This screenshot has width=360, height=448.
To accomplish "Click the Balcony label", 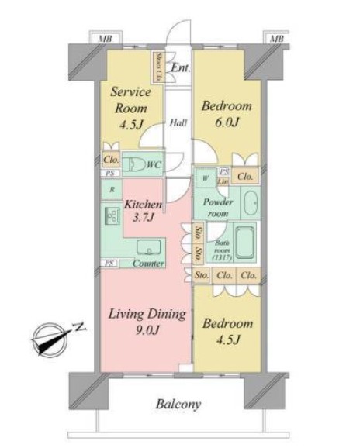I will click(x=180, y=404).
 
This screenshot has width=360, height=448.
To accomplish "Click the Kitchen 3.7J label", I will click(x=144, y=212).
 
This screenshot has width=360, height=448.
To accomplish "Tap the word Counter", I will click(x=147, y=264).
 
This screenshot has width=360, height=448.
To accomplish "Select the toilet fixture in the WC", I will click(x=137, y=165).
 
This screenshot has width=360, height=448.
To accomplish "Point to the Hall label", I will click(x=178, y=122).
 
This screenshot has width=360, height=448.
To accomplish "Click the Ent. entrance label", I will click(x=182, y=67).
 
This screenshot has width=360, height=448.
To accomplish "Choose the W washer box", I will click(x=204, y=177).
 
